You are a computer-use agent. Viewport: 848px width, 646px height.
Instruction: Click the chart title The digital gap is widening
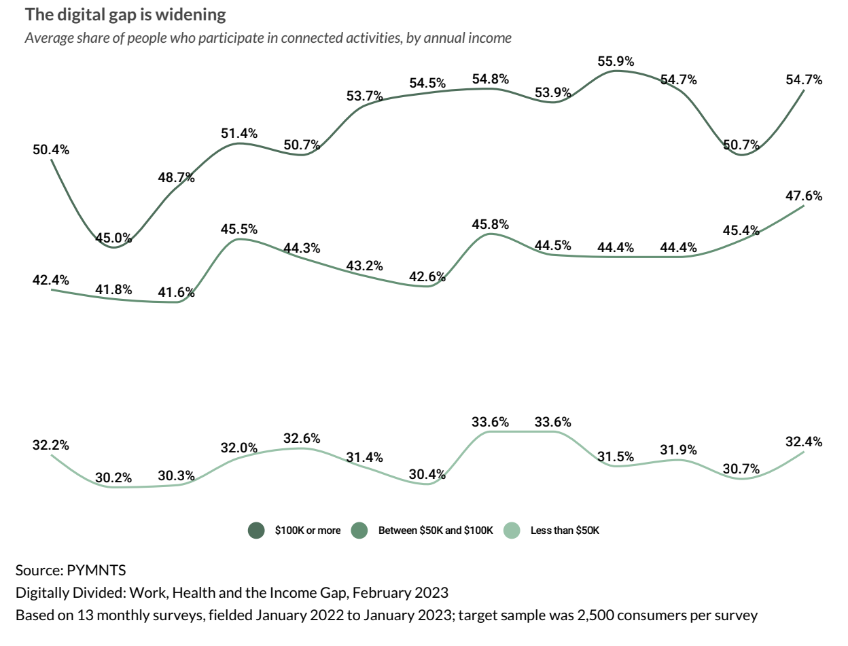(126, 14)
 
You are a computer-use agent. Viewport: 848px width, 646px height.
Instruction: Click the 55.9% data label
(616, 61)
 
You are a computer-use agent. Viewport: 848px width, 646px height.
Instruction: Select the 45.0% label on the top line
(113, 238)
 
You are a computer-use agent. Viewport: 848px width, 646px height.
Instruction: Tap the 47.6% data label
(804, 196)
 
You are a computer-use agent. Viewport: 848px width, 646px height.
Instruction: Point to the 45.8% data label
(491, 224)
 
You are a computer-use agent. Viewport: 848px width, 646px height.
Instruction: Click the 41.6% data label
(176, 293)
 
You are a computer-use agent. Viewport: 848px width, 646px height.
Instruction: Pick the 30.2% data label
(113, 478)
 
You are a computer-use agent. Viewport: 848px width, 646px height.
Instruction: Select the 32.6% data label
(302, 438)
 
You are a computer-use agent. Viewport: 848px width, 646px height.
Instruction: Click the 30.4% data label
(427, 474)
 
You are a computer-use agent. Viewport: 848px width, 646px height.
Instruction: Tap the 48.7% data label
(176, 178)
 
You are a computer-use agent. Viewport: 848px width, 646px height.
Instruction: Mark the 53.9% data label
(552, 92)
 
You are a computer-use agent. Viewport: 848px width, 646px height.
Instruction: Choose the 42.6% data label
(427, 276)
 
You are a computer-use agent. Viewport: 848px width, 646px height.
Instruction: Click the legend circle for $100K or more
(256, 531)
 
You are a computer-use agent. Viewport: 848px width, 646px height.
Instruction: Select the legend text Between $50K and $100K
(436, 531)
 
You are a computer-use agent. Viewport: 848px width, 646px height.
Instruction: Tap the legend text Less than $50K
(565, 531)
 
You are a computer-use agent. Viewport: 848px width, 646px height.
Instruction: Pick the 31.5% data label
(616, 456)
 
